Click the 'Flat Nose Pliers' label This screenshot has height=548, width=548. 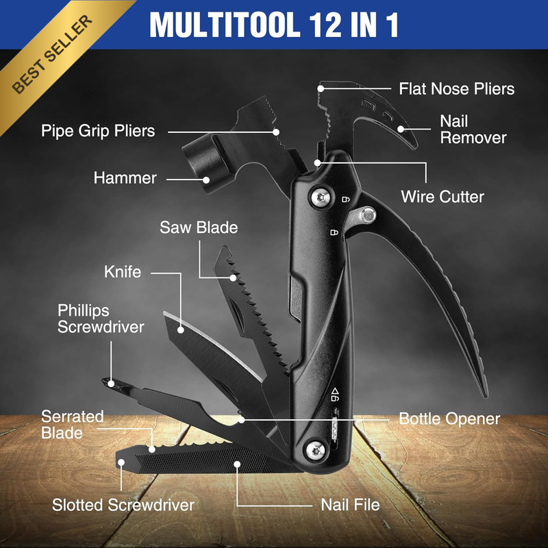pos(456,89)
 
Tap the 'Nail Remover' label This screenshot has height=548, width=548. pos(473,129)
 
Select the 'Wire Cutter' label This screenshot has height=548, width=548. pos(442,197)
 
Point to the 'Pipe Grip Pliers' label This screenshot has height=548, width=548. pos(98,131)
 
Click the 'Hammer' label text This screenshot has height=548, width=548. pos(125,178)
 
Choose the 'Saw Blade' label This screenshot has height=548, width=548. pos(199,227)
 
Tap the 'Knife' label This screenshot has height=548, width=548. pos(123,272)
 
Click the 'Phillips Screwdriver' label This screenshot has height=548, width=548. pos(101,319)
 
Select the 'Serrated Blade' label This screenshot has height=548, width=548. pos(73,425)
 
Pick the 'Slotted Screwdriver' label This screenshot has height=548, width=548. pos(123,505)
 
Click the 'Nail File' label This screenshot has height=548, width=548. pos(350,505)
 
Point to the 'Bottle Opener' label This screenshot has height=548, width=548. pos(449,419)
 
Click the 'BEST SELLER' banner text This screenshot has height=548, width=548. pos(53,54)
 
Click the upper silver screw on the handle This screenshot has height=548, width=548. pos(321,197)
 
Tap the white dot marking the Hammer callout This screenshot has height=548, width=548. pos(206,180)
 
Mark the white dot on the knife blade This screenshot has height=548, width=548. pos(181,329)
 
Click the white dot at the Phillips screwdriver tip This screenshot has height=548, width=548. pos(111,384)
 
